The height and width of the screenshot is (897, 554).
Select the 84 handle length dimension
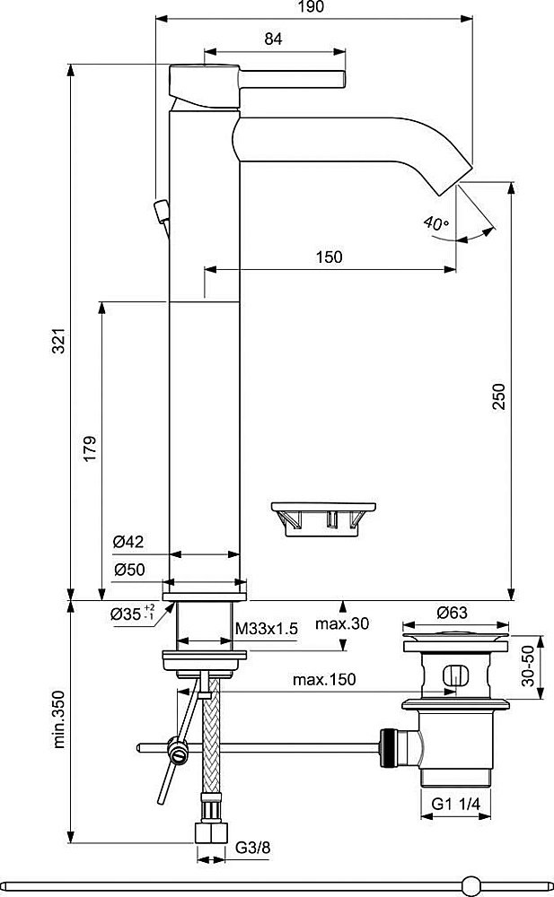tap(274, 39)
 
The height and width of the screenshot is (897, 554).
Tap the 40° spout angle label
tap(438, 223)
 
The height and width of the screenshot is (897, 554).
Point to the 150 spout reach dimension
tap(329, 257)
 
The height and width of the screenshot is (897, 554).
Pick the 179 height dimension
tap(90, 447)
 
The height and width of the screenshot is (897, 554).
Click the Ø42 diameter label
tap(129, 543)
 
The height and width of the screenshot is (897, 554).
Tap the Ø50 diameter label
tap(129, 570)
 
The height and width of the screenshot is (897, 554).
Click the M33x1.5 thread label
tap(266, 629)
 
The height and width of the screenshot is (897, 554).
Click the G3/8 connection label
tap(252, 846)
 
